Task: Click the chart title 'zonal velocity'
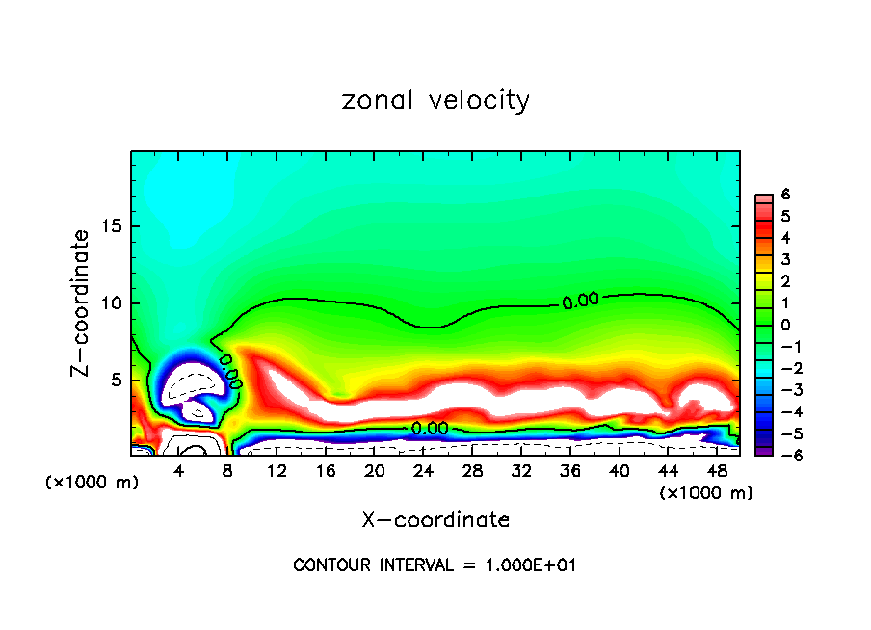[435, 100]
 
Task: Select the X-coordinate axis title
[435, 520]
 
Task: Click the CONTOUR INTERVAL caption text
[435, 564]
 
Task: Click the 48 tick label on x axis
[717, 472]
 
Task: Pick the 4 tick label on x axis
[179, 472]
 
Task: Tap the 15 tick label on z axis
[111, 226]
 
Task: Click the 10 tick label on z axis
[111, 303]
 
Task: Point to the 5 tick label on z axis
[116, 381]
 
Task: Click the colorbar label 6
[785, 195]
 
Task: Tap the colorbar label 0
[785, 325]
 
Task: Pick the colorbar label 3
[785, 260]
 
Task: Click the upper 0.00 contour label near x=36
[580, 302]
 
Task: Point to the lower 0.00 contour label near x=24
[429, 428]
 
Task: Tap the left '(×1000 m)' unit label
[92, 483]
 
